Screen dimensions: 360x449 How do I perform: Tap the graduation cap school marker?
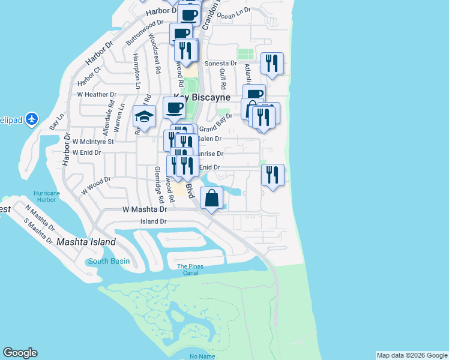point(144,116)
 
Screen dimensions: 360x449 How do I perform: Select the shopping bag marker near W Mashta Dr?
point(211,199)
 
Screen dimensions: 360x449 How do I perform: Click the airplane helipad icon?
point(32,119)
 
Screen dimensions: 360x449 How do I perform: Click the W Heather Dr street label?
point(96,95)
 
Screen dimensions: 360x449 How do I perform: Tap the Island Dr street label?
point(153,221)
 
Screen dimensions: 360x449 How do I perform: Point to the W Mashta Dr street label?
point(144,210)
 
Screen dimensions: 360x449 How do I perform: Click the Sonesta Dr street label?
point(221,63)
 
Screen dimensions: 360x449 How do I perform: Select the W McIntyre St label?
point(93,142)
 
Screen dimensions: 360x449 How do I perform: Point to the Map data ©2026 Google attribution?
point(412,355)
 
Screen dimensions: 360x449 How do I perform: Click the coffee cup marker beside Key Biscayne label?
point(174,109)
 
